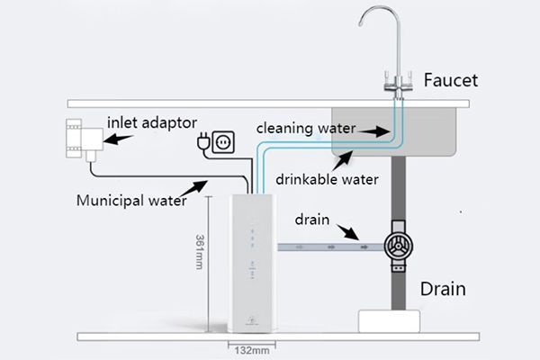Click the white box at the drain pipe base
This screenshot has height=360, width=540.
(390, 320)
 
